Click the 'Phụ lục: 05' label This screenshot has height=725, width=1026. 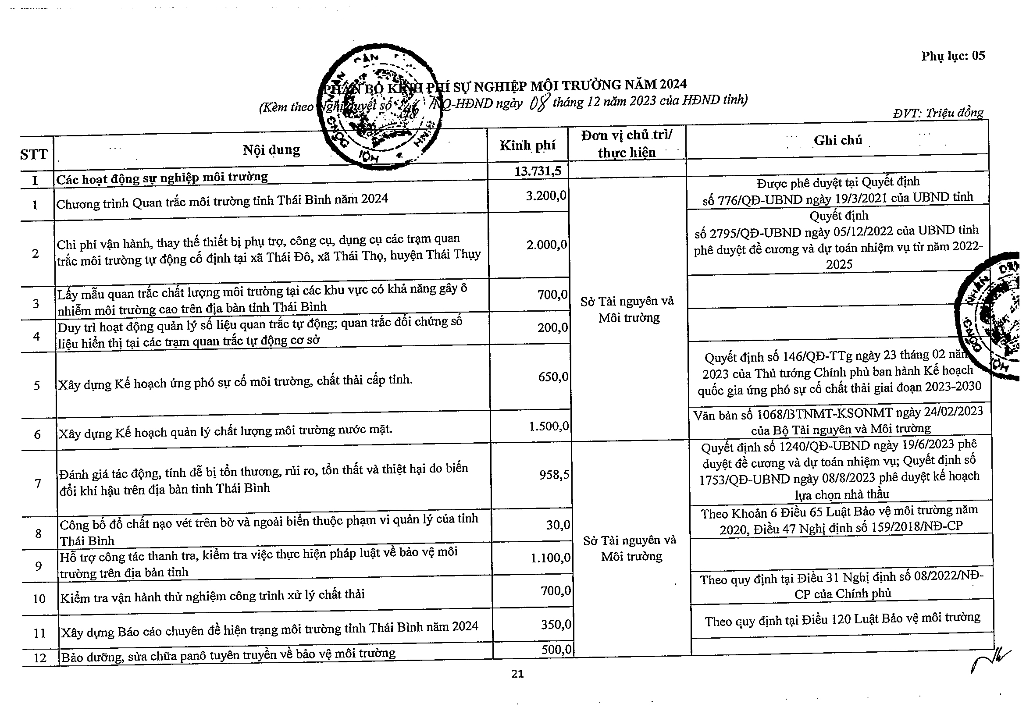pyautogui.click(x=953, y=56)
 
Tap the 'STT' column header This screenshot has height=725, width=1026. pyautogui.click(x=33, y=155)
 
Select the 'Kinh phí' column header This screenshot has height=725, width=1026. pyautogui.click(x=527, y=145)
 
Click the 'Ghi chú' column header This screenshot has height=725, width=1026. pyautogui.click(x=838, y=140)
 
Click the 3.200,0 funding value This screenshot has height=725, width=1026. pyautogui.click(x=546, y=195)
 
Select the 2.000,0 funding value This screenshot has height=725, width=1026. pyautogui.click(x=546, y=244)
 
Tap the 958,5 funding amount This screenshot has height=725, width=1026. pyautogui.click(x=554, y=474)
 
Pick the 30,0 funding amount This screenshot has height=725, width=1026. pyautogui.click(x=558, y=525)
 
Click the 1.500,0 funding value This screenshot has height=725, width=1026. pyautogui.click(x=549, y=426)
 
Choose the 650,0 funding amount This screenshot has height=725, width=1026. pyautogui.click(x=553, y=377)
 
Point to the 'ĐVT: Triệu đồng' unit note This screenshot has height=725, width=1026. pyautogui.click(x=938, y=113)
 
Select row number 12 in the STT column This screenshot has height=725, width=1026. pyautogui.click(x=40, y=658)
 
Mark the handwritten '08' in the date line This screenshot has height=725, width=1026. pyautogui.click(x=538, y=103)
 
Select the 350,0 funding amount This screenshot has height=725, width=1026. pyautogui.click(x=556, y=624)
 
